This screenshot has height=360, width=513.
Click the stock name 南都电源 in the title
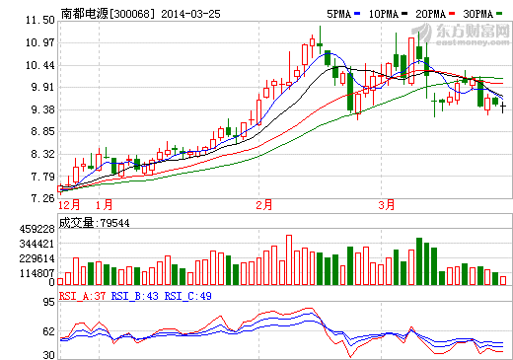(84, 15)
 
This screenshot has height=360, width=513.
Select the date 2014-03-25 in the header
(188, 15)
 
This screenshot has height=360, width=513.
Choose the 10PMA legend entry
(385, 15)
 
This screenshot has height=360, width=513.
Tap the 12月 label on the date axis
(70, 205)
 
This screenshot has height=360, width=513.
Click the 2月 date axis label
(263, 205)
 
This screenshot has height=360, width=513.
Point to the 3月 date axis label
(387, 205)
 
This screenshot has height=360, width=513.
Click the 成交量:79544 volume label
(95, 222)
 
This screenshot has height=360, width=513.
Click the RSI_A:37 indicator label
(82, 295)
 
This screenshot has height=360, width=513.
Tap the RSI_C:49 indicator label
(188, 295)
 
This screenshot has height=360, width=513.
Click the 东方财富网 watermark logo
(469, 32)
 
